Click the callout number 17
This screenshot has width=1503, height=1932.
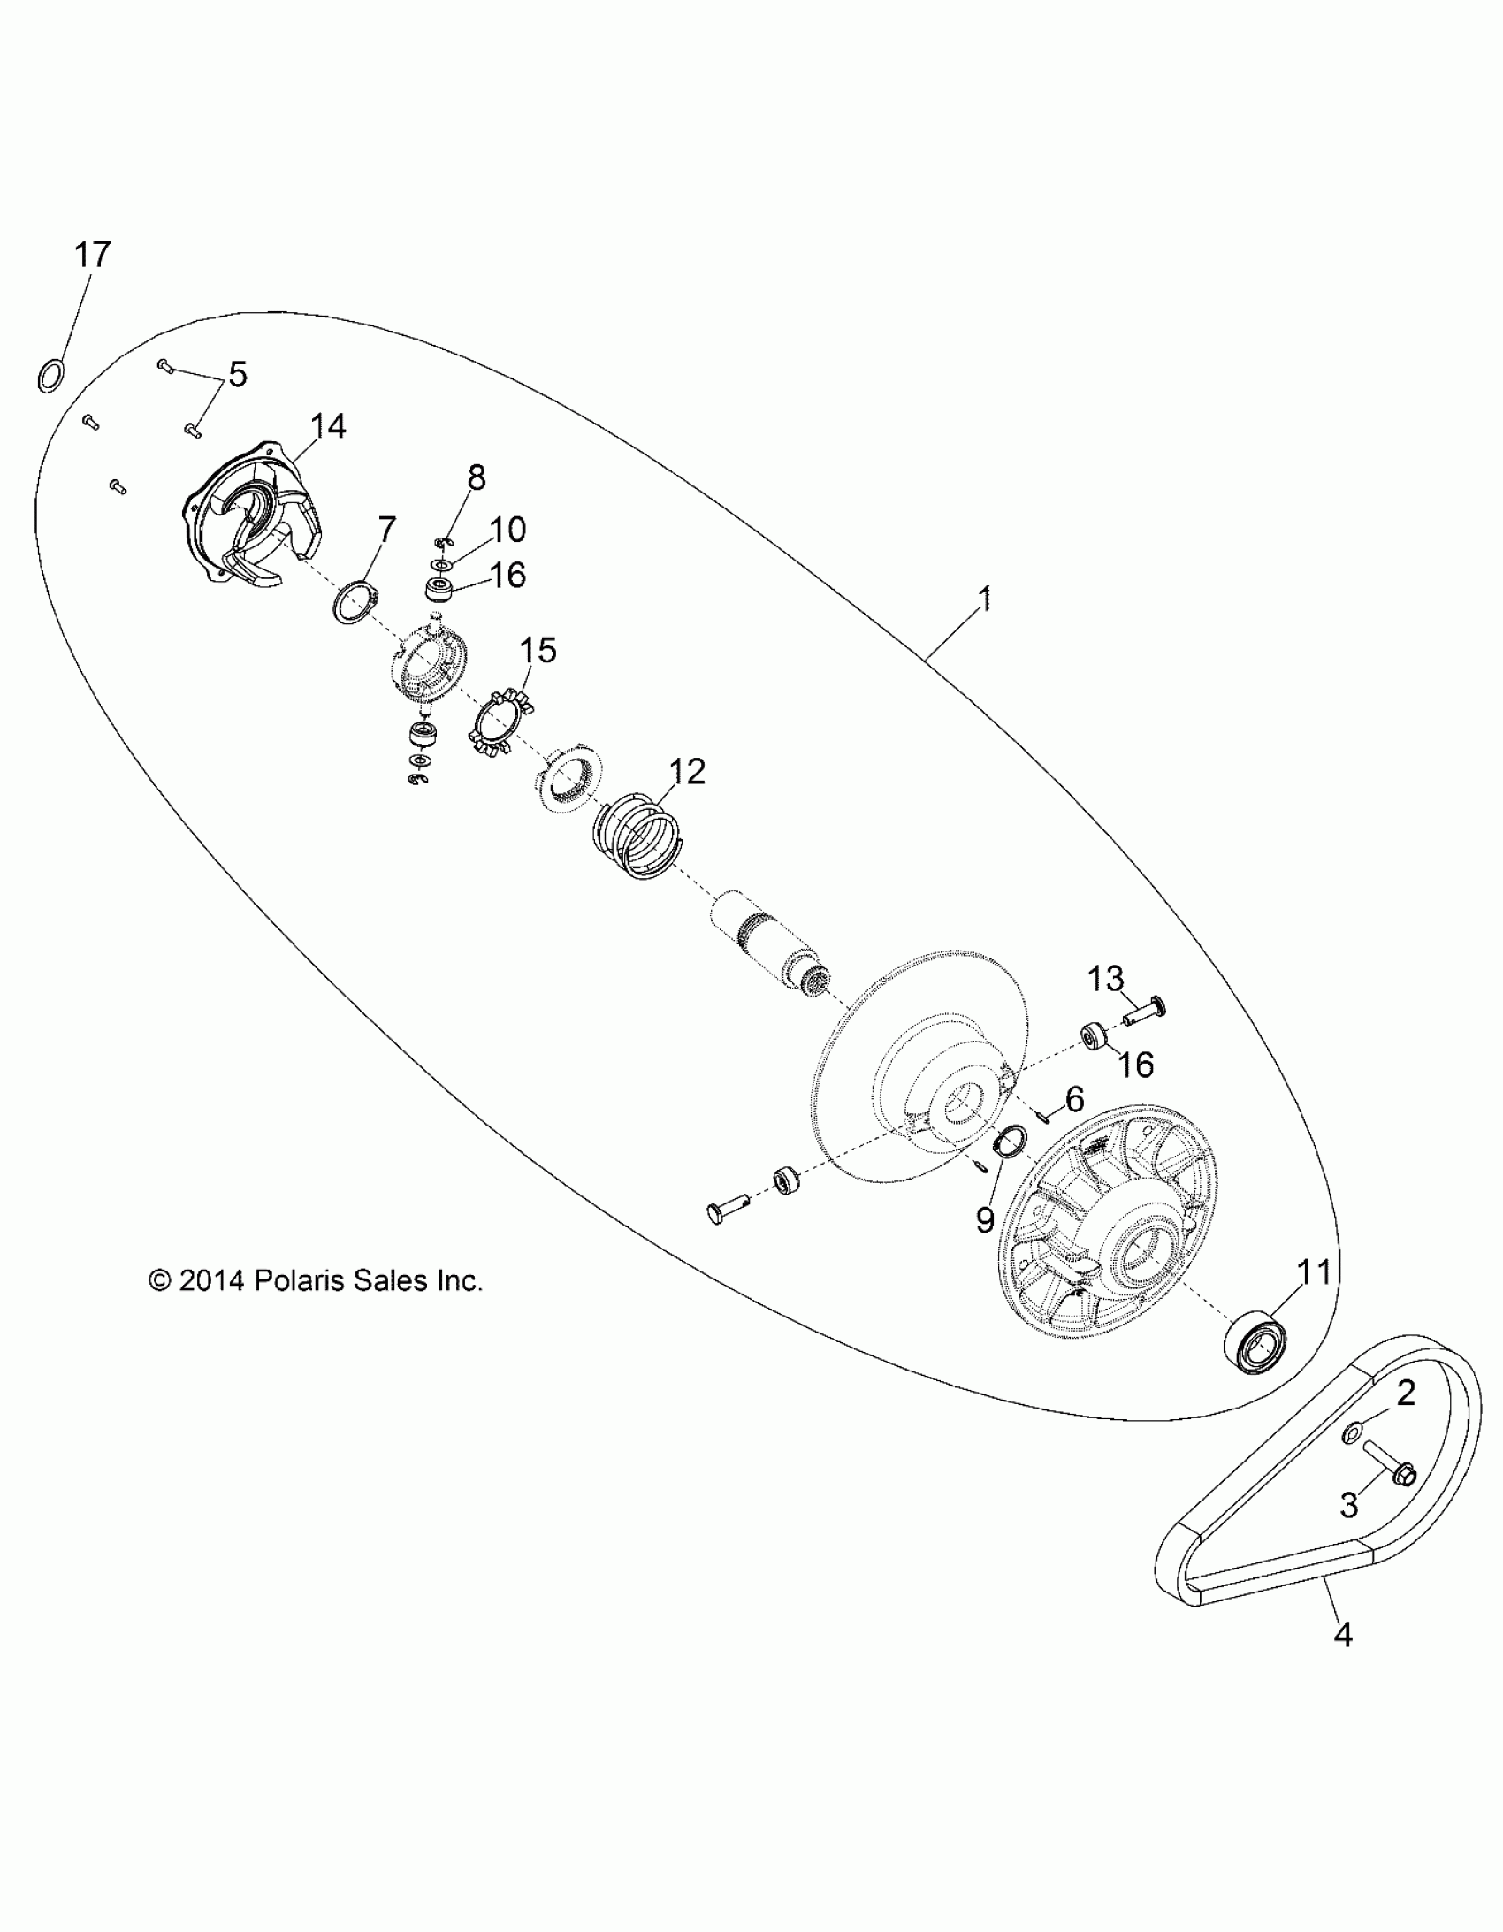pos(92,255)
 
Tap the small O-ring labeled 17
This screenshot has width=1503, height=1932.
pos(51,375)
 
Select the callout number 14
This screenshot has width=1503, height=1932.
pos(327,426)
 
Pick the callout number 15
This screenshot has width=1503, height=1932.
pos(537,650)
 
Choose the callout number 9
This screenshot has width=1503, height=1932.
pos(986,1222)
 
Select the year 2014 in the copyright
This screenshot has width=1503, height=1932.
pos(210,1280)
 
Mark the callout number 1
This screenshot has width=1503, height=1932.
pos(985,599)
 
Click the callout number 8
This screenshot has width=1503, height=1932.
pos(476,477)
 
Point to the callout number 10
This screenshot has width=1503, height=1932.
pos(507,530)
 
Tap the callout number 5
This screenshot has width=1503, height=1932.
pos(236,374)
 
